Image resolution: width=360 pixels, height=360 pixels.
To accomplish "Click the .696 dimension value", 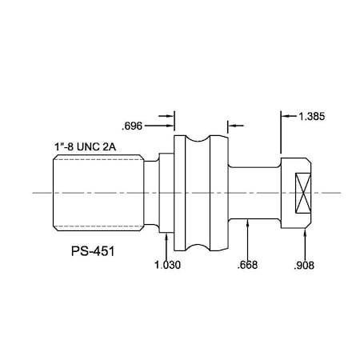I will pos(132,125).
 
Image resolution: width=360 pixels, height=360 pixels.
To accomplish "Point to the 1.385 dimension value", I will pos(312,117).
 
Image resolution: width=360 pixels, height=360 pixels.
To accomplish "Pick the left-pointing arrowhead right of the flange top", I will pos(232,125).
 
